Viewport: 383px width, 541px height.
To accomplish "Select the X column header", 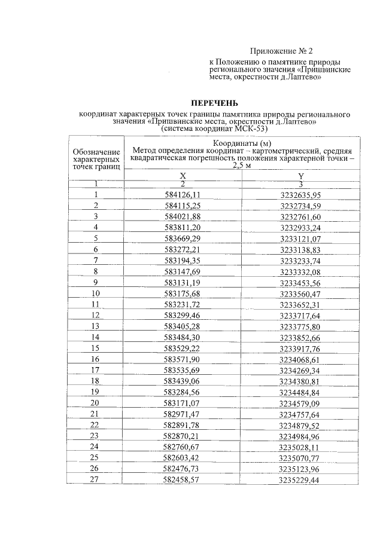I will tap(183, 176).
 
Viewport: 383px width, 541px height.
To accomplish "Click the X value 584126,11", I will tap(183, 195).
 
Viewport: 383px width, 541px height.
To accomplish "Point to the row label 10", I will tap(96, 294).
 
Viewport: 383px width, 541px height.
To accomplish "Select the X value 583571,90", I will tap(183, 359).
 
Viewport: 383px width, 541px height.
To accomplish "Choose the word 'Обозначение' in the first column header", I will tap(96, 153).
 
